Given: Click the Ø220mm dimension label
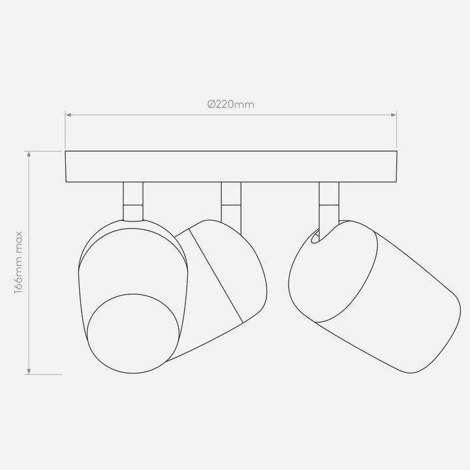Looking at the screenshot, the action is coord(231,104).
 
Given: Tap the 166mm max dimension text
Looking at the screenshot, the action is coord(18,262).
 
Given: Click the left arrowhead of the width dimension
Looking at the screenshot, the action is coord(69,115).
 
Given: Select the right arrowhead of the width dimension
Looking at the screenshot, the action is coord(394,115).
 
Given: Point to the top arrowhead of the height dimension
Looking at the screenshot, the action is coord(29,154).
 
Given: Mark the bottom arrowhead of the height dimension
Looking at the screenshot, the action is coord(29,371).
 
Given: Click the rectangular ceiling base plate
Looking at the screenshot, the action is coord(231,166).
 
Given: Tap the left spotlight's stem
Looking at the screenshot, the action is coord(133,202).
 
